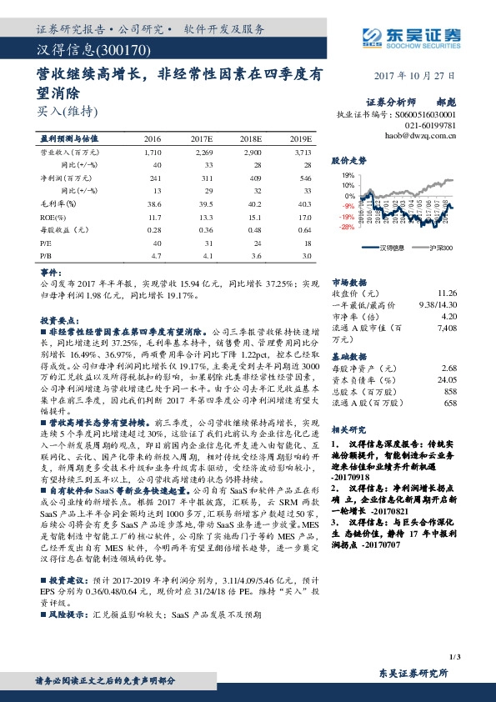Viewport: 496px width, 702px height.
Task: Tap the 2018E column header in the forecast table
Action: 250,138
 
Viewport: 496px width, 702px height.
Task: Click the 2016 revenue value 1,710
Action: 153,153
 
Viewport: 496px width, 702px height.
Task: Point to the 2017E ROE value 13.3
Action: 204,215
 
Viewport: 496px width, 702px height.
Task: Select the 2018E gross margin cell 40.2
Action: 253,203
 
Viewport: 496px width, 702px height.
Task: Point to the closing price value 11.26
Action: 448,293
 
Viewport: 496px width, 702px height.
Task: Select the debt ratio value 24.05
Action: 447,379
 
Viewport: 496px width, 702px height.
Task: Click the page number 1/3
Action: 453,659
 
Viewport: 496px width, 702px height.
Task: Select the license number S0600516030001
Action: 425,113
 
